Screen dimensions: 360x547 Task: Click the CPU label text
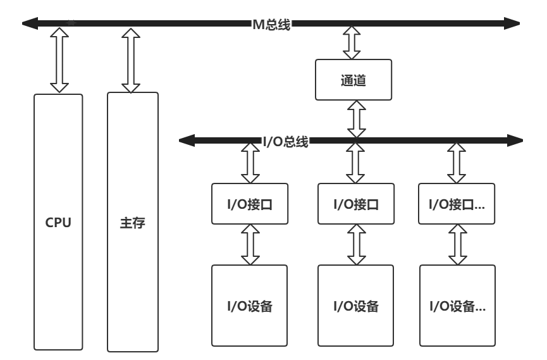[x=58, y=223]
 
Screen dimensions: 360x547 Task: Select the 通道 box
[x=353, y=80]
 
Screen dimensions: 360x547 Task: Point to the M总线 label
[x=271, y=24]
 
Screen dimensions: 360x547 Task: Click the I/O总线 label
[x=285, y=142]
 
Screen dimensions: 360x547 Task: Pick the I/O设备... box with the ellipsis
[x=457, y=306]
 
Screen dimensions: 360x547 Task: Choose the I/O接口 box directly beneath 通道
[x=355, y=204]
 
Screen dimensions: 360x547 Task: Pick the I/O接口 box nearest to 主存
[x=250, y=204]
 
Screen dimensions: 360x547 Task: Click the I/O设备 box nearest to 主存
[x=250, y=306]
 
